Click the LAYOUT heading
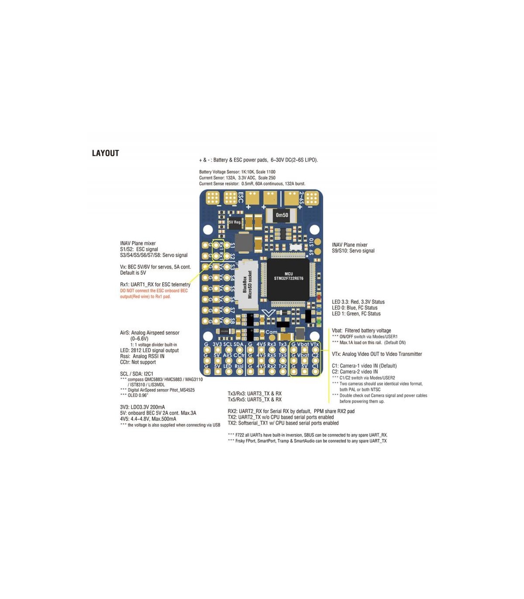coord(105,153)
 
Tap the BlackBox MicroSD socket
coord(248,284)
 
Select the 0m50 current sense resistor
coord(282,215)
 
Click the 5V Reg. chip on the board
coord(235,222)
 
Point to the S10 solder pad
coord(318,241)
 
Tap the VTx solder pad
coord(315,350)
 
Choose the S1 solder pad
coord(227,245)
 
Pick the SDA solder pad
coord(239,350)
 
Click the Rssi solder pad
coord(239,372)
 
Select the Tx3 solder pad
coord(283,350)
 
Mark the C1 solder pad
coord(315,372)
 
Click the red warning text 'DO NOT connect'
coord(154,291)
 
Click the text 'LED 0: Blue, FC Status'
coord(355,308)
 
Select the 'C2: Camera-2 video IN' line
coord(355,372)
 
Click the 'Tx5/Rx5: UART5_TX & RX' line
coord(255,399)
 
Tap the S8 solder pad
coord(227,320)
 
